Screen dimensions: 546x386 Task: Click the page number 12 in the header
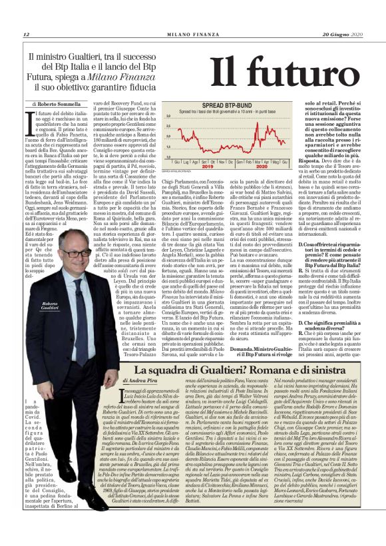(25, 34)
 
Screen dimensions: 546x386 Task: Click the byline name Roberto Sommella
(59, 105)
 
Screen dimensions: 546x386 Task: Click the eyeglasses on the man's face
(75, 254)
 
